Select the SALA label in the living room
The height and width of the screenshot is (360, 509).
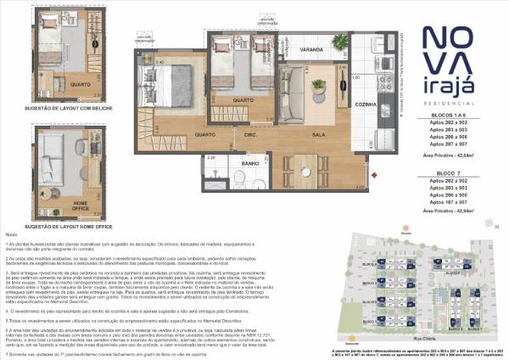[319, 134]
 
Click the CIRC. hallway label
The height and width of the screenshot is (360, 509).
[251, 134]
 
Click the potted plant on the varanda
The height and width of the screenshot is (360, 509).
[339, 42]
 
